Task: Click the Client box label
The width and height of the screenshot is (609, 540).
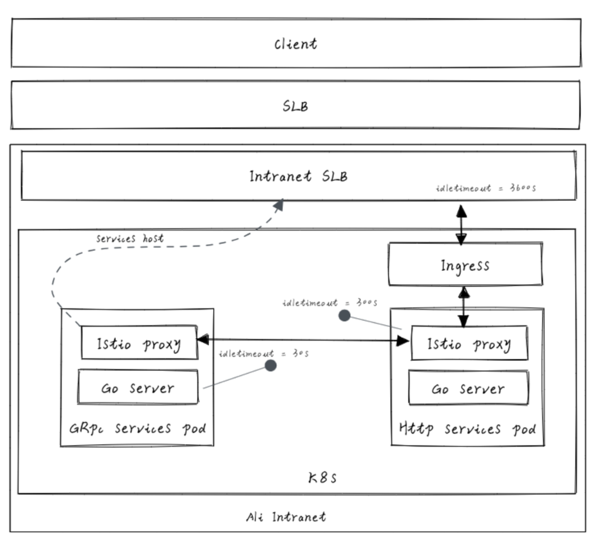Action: [x=295, y=44]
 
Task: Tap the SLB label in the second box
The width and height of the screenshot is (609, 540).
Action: [x=295, y=106]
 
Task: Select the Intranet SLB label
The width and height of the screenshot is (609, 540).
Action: [x=298, y=176]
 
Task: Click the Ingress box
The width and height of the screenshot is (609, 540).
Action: [x=465, y=265]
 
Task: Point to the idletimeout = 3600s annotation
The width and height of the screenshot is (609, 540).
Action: [x=485, y=188]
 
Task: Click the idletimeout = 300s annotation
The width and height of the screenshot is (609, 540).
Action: [x=330, y=303]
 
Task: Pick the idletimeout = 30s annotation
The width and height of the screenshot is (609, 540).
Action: [x=263, y=354]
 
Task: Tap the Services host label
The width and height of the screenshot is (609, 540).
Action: [x=130, y=238]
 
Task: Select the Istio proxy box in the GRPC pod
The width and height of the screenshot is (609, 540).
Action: [x=139, y=343]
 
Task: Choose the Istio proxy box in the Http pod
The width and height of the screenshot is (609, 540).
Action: [x=469, y=343]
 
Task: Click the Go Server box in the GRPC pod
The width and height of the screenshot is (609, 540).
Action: [x=138, y=388]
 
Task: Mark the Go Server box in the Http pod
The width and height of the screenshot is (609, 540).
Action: [x=468, y=389]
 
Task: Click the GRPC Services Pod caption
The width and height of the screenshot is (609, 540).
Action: [x=137, y=429]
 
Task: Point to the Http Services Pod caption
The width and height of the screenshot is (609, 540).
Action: [x=467, y=429]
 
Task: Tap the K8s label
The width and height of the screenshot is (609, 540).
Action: [x=323, y=478]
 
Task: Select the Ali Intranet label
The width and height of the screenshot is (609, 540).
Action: [x=286, y=516]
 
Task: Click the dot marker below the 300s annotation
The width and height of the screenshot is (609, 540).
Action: [x=344, y=316]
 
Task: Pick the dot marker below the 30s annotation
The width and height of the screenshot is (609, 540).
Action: [x=271, y=365]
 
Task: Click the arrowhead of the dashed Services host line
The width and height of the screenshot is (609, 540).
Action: [x=279, y=205]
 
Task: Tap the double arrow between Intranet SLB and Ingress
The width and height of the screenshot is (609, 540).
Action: [x=462, y=224]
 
